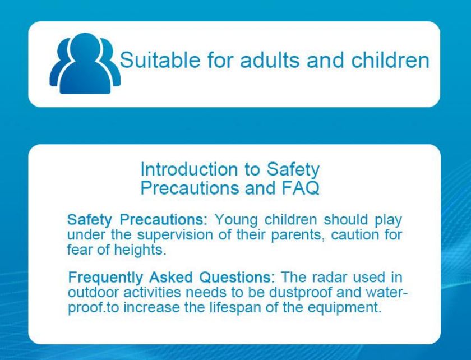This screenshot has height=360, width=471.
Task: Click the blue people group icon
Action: pos(85,63)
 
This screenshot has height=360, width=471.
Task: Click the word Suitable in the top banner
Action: pos(160,59)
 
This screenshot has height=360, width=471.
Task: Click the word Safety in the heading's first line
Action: pos(293,170)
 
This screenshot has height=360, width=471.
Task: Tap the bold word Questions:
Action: pos(237,278)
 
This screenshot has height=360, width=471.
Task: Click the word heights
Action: pos(140,250)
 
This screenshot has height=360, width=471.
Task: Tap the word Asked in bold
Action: pos(170,278)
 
